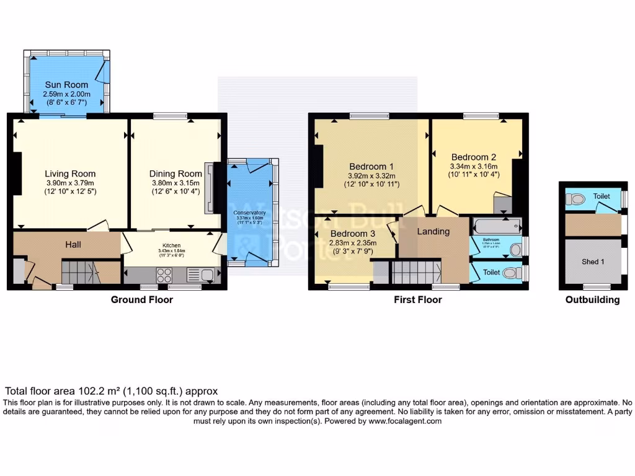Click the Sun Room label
tap(66, 84)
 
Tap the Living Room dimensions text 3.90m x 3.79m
tap(70, 183)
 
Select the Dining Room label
tap(175, 174)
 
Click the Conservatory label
tap(250, 213)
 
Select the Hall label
tap(73, 245)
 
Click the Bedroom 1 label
tap(371, 166)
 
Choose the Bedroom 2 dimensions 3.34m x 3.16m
tap(474, 166)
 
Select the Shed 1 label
tap(593, 262)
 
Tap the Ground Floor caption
tap(141, 300)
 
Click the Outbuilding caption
tap(592, 300)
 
